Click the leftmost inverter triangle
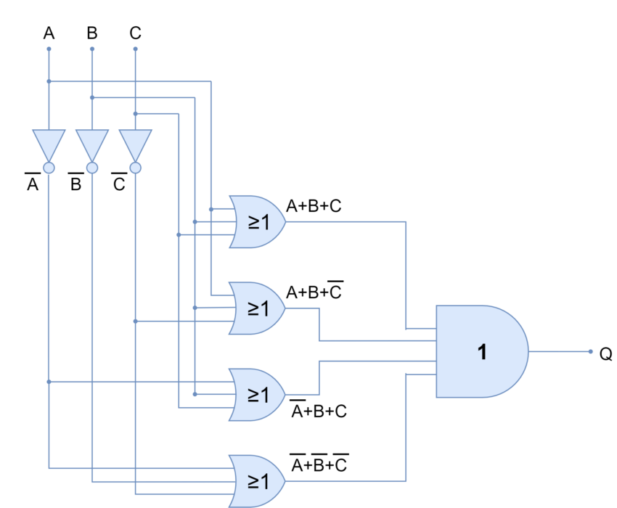click(x=49, y=143)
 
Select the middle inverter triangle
click(x=92, y=143)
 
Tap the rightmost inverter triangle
click(x=135, y=143)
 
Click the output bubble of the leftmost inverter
click(x=49, y=168)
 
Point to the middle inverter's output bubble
click(x=92, y=168)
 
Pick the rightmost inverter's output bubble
click(x=135, y=168)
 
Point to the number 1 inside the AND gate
click(x=482, y=352)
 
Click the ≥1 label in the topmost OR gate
click(x=258, y=222)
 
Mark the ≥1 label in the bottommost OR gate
click(x=258, y=481)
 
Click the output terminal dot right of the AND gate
click(x=591, y=351)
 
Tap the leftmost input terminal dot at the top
click(x=49, y=49)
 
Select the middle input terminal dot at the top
click(x=92, y=49)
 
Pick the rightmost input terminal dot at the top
click(x=135, y=49)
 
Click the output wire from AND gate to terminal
click(x=559, y=351)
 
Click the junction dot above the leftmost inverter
click(x=49, y=81)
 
